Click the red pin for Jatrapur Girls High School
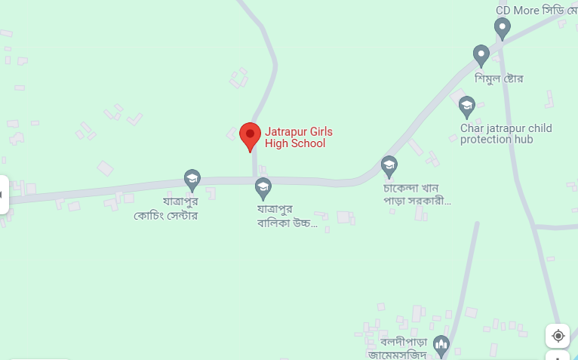click(251, 135)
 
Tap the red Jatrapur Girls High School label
click(298, 137)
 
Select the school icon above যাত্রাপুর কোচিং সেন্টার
click(192, 179)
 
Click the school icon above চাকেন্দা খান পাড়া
click(389, 165)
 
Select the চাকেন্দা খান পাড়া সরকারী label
click(417, 194)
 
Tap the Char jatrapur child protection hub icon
click(467, 106)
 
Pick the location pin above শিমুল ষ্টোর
click(481, 54)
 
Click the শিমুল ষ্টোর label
click(499, 78)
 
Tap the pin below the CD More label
click(503, 28)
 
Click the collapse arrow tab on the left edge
click(3, 195)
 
